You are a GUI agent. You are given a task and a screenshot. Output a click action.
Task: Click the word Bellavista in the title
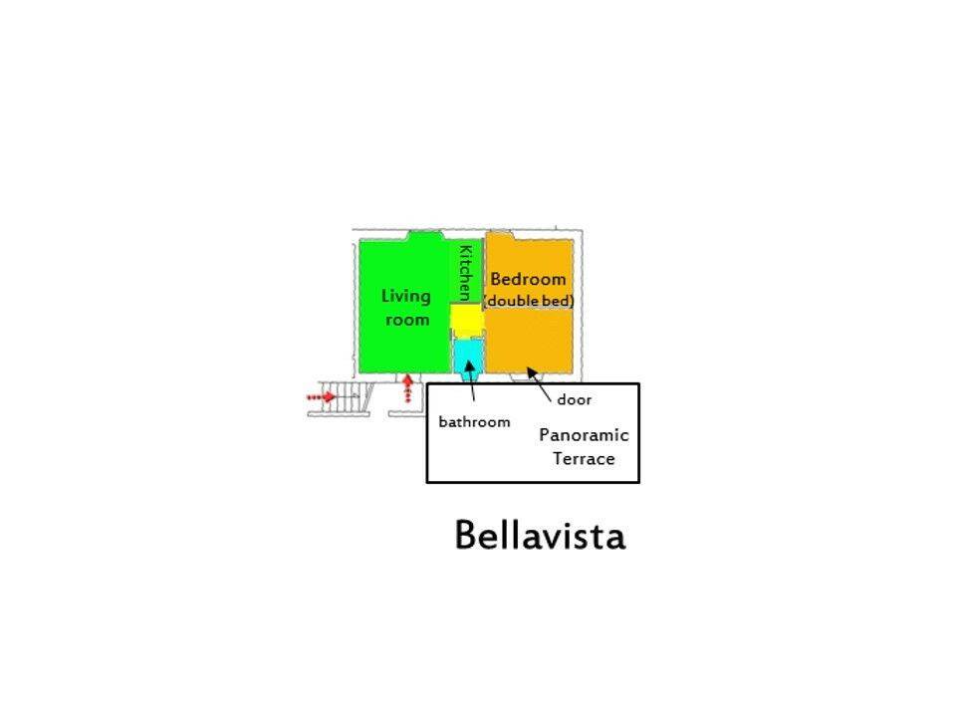tap(540, 536)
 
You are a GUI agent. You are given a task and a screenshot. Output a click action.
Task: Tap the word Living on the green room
tap(406, 296)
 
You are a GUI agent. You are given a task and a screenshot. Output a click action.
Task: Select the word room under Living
tap(407, 320)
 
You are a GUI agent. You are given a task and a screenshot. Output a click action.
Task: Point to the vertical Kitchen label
tap(464, 273)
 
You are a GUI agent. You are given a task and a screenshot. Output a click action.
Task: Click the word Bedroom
tap(528, 279)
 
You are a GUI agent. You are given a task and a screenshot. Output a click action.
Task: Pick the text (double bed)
tap(528, 300)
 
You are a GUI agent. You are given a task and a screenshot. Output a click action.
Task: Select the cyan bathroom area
tap(466, 356)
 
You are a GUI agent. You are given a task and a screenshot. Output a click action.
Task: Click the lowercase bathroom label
tap(474, 421)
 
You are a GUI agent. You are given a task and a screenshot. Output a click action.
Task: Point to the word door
tap(574, 399)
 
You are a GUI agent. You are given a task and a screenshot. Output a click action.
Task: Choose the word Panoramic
tap(584, 435)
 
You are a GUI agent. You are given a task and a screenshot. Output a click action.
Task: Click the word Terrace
tap(584, 459)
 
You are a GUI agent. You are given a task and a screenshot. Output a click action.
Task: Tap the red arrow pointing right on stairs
tap(320, 397)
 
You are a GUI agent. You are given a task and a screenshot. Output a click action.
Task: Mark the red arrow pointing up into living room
tap(407, 388)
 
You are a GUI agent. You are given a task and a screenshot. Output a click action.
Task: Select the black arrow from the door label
tap(539, 381)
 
